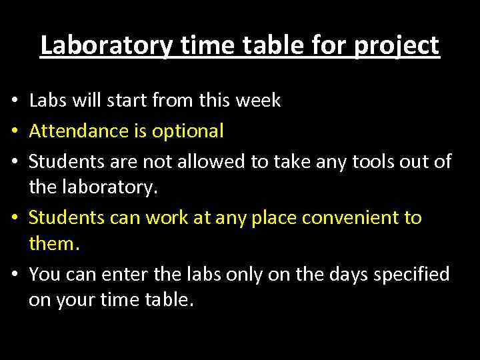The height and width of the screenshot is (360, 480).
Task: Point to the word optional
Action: click(188, 131)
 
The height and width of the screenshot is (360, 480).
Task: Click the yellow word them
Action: click(54, 244)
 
